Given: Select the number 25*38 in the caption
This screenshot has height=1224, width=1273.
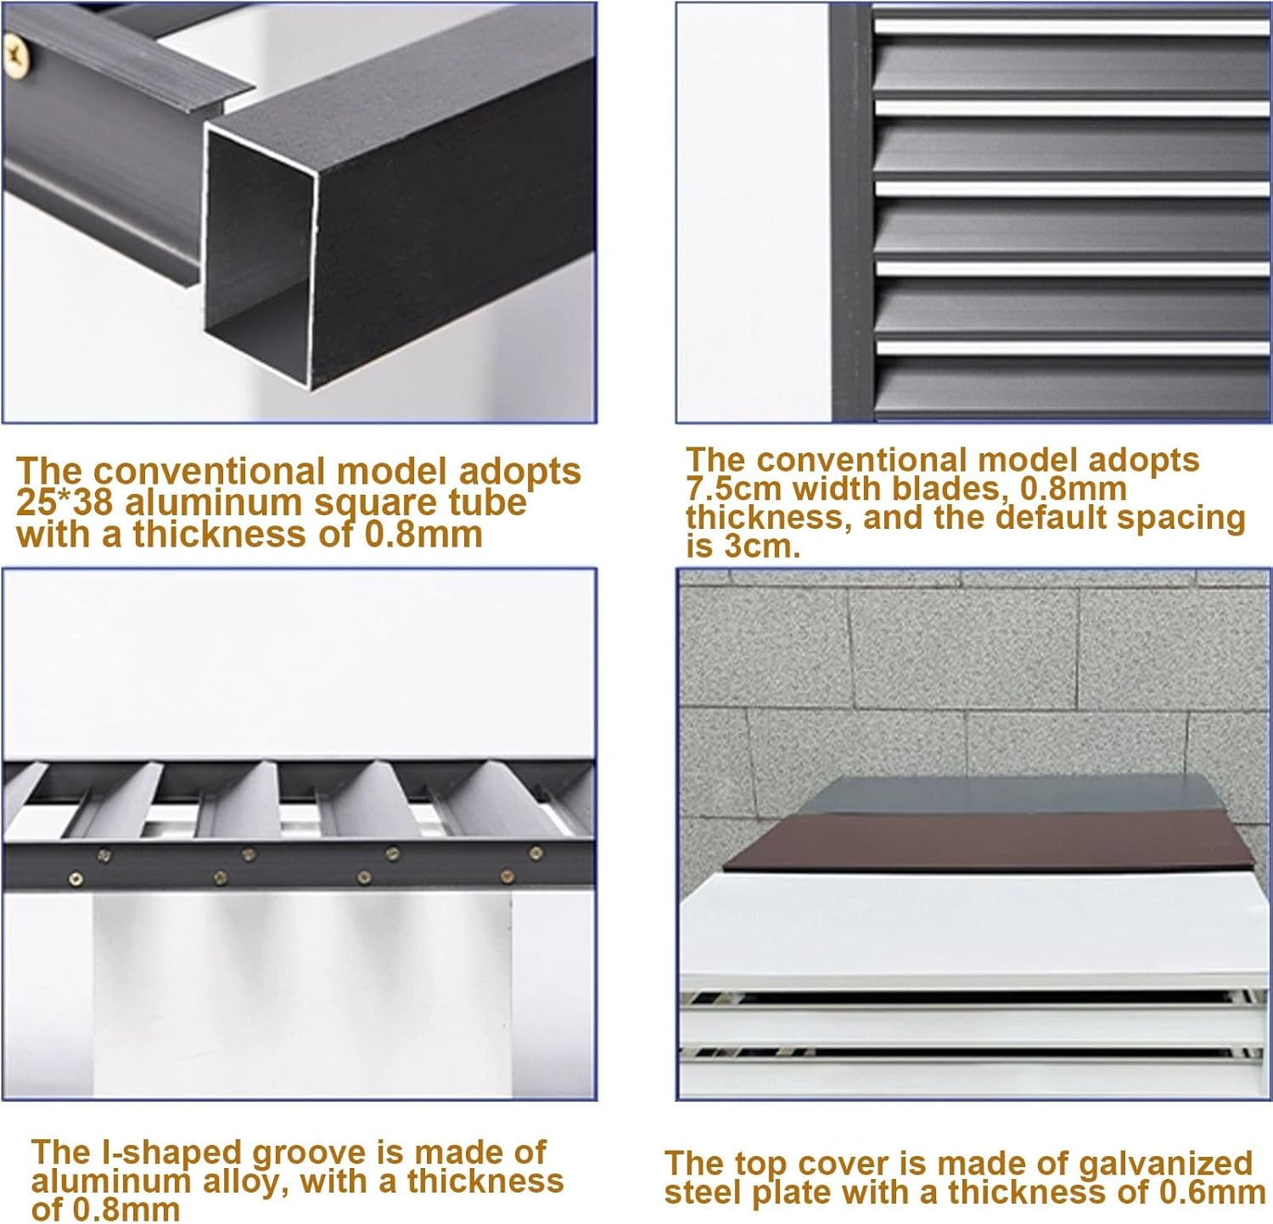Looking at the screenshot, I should coord(64,503).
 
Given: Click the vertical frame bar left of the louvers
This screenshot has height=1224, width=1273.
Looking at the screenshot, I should coord(851,212).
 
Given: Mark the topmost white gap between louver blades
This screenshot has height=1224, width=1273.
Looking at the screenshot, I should coord(1069,25).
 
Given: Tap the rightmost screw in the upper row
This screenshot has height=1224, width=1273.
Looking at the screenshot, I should coord(536,852).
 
